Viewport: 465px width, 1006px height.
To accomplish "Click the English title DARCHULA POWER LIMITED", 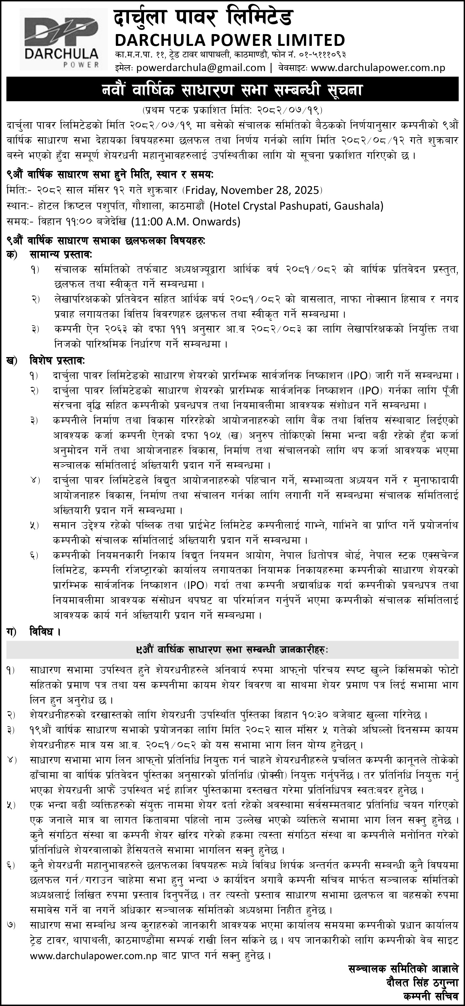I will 230,40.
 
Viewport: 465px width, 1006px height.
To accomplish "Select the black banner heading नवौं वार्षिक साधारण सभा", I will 232,90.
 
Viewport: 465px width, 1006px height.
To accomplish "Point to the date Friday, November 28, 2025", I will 253,190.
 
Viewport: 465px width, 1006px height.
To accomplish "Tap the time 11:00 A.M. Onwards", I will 185,222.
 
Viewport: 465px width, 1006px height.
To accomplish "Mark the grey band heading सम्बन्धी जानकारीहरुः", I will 232,650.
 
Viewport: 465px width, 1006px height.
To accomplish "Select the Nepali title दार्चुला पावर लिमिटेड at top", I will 203,18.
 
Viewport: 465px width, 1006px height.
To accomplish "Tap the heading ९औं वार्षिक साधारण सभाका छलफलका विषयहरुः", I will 106,241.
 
